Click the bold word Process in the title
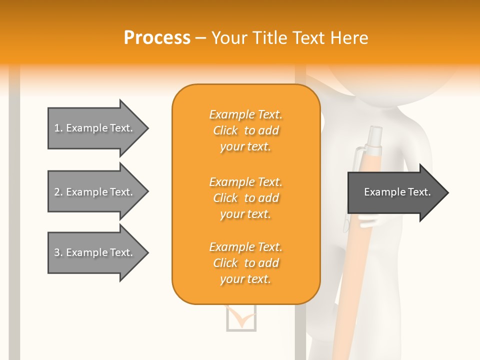[x=157, y=38]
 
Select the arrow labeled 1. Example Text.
[x=95, y=128]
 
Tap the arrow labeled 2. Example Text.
[x=95, y=192]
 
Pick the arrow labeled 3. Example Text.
[x=95, y=252]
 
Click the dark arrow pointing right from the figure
[x=395, y=192]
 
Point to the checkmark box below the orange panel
[x=241, y=318]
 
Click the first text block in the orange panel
[x=245, y=130]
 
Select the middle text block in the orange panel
[x=245, y=198]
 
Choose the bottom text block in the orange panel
[x=245, y=263]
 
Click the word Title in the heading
[x=270, y=38]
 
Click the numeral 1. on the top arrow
[x=58, y=128]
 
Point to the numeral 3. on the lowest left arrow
[x=58, y=252]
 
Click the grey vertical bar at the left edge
[x=14, y=225]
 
